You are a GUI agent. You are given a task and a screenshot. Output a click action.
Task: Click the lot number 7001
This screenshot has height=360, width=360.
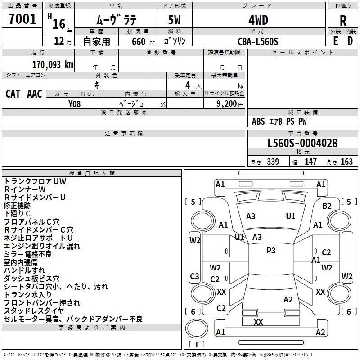click(22, 18)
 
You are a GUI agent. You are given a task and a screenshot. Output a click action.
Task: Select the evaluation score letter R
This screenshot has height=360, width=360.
click(343, 21)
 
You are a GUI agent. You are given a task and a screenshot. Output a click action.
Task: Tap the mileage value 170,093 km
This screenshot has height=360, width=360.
click(53, 65)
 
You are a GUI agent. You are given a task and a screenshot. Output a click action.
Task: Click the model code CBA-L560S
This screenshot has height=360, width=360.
click(258, 41)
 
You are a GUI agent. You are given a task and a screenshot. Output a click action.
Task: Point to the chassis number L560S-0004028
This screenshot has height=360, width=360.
click(302, 143)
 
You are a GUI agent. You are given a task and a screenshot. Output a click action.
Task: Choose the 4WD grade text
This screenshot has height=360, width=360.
click(258, 20)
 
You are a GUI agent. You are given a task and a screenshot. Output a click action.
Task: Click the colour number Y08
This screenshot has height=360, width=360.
click(74, 104)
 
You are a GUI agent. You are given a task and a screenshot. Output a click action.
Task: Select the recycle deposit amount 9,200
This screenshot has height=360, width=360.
click(227, 104)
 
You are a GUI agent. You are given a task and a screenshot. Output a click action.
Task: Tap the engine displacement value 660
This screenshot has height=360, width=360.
click(139, 41)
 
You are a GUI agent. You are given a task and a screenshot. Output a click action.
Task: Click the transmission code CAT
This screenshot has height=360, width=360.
click(13, 94)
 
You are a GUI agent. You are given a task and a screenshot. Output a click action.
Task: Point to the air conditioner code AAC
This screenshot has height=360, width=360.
click(35, 94)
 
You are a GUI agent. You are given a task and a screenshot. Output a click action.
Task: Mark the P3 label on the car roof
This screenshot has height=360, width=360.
click(271, 251)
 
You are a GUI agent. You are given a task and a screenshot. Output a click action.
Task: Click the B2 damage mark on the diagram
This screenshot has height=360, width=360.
click(327, 206)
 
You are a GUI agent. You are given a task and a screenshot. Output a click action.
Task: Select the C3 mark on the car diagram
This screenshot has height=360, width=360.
click(194, 276)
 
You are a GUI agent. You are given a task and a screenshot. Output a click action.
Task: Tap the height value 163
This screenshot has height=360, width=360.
click(346, 162)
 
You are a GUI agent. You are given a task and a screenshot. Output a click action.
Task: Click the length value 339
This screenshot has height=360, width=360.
click(273, 162)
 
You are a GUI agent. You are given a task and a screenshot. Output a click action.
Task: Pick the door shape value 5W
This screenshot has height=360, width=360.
click(174, 20)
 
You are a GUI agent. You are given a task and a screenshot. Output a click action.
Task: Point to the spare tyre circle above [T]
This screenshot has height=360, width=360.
click(197, 328)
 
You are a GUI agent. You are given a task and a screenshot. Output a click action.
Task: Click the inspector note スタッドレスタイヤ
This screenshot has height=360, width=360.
click(34, 311)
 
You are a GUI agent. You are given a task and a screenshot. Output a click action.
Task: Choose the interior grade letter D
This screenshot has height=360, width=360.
click(350, 41)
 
